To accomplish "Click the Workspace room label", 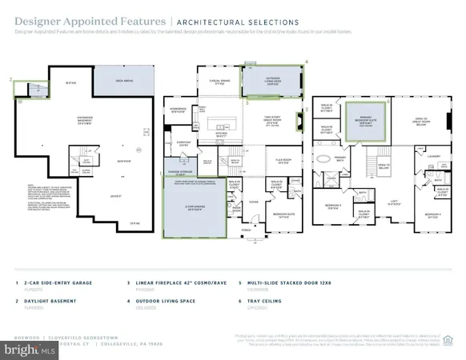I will point(179,108).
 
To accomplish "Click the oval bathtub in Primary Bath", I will point(323,158).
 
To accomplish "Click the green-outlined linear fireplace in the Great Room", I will point(298,122).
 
